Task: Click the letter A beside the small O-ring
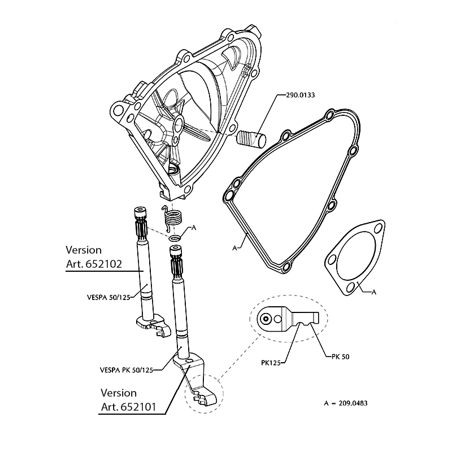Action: (x=194, y=227)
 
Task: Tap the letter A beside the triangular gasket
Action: (x=373, y=292)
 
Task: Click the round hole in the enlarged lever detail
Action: (x=266, y=319)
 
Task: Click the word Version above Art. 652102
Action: (x=84, y=249)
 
